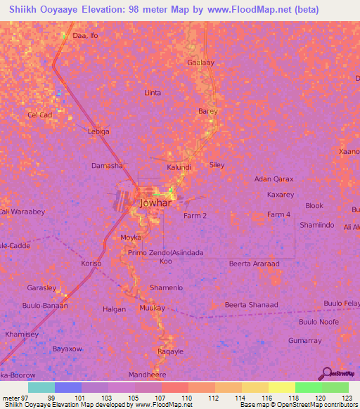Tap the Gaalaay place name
pyautogui.click(x=200, y=62)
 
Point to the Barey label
pyautogui.click(x=207, y=111)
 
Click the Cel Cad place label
pyautogui.click(x=39, y=115)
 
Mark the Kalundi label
pyautogui.click(x=179, y=167)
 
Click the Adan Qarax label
pyautogui.click(x=274, y=179)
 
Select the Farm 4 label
pyautogui.click(x=278, y=214)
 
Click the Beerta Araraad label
pyautogui.click(x=254, y=264)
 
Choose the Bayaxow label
pyautogui.click(x=68, y=349)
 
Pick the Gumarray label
pyautogui.click(x=304, y=340)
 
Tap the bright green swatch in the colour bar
pyautogui.click(x=309, y=387)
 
